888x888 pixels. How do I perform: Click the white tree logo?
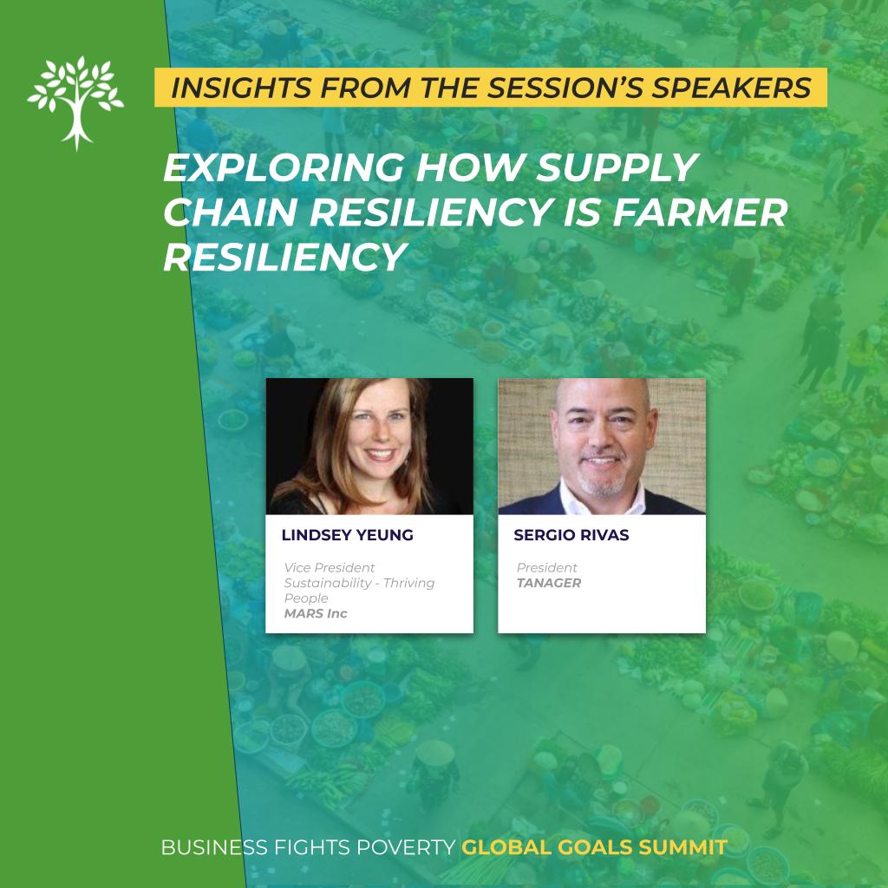pyautogui.click(x=76, y=102)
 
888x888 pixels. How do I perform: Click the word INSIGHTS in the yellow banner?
pyautogui.click(x=241, y=88)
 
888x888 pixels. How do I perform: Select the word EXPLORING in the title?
pyautogui.click(x=284, y=167)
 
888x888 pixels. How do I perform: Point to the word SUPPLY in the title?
pyautogui.click(x=617, y=167)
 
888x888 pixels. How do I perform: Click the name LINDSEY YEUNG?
pyautogui.click(x=347, y=535)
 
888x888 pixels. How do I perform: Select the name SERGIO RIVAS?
pyautogui.click(x=571, y=535)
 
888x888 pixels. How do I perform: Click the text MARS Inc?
pyautogui.click(x=316, y=613)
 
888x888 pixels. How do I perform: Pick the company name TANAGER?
pyautogui.click(x=549, y=583)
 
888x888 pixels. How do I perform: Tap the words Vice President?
pyautogui.click(x=329, y=567)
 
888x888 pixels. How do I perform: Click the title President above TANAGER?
pyautogui.click(x=546, y=567)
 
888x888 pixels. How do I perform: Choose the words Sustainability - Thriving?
pyautogui.click(x=359, y=584)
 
